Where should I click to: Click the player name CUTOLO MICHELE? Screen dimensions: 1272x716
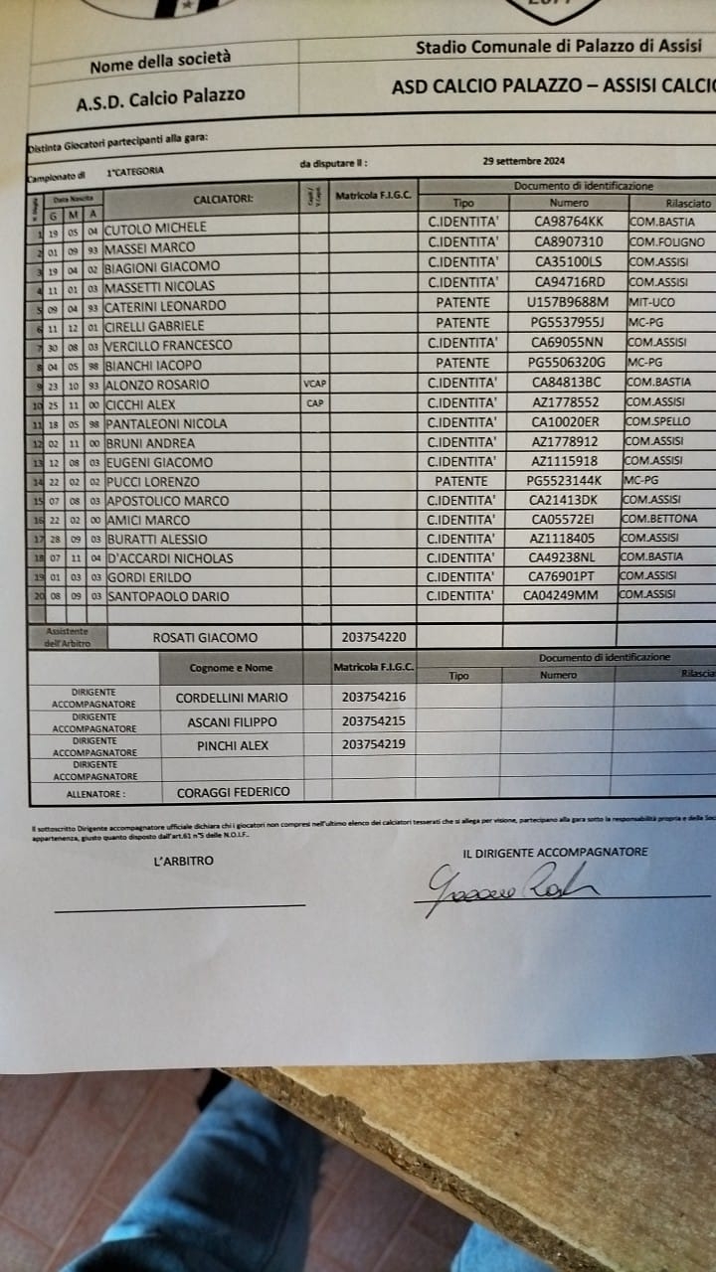(156, 228)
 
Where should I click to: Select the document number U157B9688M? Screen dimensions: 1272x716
(567, 302)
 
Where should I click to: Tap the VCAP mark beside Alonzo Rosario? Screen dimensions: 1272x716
(313, 384)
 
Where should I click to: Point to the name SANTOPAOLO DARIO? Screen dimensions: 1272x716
(167, 596)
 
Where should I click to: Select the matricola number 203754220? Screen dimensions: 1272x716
(373, 637)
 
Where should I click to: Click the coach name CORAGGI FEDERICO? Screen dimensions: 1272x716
(233, 792)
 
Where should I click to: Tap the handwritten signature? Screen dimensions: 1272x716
(507, 883)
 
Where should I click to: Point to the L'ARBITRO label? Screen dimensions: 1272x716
(183, 861)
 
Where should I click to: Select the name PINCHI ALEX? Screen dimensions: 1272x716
(233, 745)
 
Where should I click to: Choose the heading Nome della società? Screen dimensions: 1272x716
(160, 63)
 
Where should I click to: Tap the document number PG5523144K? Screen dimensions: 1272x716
(564, 480)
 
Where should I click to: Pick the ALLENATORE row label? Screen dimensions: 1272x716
(95, 794)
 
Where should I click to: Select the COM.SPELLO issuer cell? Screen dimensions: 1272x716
(657, 421)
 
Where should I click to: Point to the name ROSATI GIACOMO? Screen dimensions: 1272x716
(205, 638)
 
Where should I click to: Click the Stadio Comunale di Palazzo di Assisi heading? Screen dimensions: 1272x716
(558, 46)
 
